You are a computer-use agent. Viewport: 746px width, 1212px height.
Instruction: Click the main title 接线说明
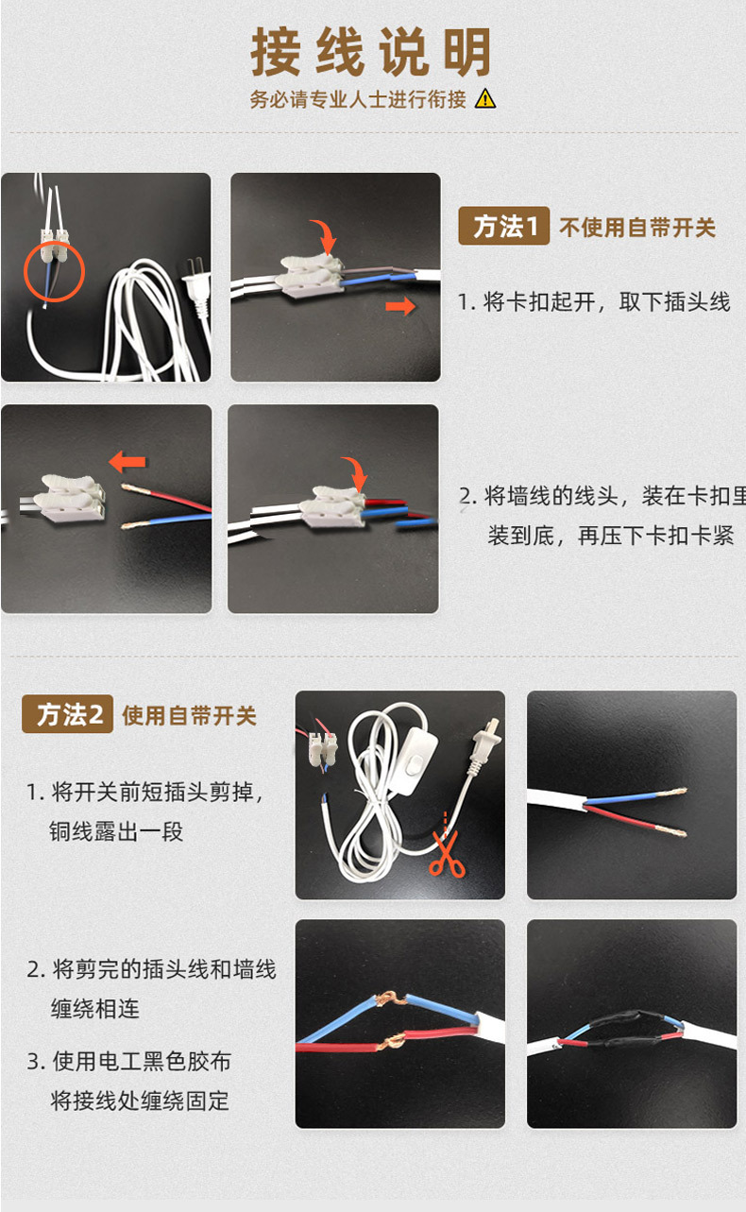point(371,52)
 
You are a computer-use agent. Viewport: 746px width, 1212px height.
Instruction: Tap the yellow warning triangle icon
point(485,98)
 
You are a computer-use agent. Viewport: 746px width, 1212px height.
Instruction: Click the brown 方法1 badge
point(503,227)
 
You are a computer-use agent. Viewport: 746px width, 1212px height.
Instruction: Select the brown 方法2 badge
point(67,714)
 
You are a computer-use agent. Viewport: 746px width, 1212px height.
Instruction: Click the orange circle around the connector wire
point(54,271)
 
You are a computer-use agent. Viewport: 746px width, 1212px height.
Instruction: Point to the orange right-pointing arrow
point(401,306)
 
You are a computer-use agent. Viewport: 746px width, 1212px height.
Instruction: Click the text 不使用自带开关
point(637,228)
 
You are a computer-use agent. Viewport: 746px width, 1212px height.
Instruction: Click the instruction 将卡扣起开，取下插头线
point(594,302)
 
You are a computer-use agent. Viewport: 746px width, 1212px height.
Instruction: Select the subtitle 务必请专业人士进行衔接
point(358,99)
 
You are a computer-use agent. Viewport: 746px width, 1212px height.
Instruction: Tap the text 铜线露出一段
point(116,831)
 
